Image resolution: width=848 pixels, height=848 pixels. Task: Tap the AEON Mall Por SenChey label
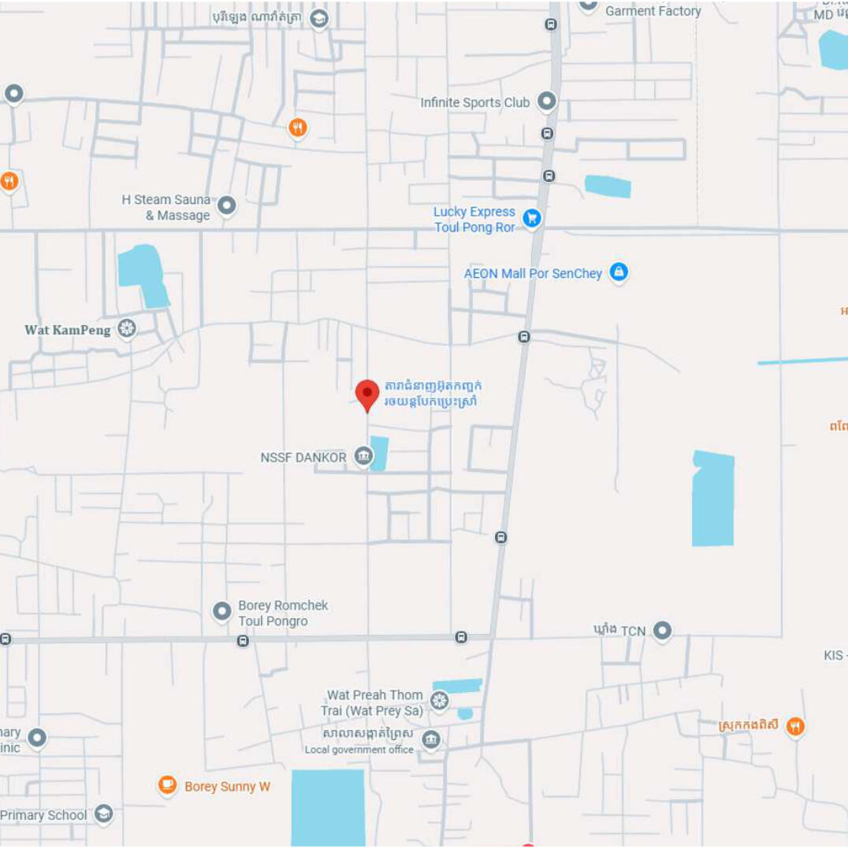[x=533, y=274]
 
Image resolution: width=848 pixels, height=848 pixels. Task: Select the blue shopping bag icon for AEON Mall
[x=619, y=272]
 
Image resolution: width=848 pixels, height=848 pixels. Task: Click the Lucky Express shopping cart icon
[x=532, y=217]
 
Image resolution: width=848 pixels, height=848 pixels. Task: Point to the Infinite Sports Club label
[x=474, y=102]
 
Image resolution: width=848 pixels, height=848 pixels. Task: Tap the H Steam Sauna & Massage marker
[x=227, y=206]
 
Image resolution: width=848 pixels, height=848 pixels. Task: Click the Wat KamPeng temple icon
[x=126, y=328]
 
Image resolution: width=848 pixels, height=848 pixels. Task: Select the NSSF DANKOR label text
[x=303, y=457]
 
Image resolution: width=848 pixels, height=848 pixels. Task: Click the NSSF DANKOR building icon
[x=363, y=456]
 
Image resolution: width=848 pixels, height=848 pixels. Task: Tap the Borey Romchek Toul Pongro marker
[x=222, y=610]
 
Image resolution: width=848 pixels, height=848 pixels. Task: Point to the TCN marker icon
[x=662, y=630]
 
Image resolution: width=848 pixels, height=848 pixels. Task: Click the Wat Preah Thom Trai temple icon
[x=440, y=700]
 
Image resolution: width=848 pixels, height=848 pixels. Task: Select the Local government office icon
[x=430, y=739]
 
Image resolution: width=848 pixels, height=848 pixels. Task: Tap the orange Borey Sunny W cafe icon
[x=167, y=785]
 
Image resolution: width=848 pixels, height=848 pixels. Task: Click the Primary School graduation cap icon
[x=103, y=814]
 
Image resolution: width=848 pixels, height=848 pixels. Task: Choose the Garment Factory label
[x=653, y=11]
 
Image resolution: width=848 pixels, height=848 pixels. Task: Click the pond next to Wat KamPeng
[x=143, y=275]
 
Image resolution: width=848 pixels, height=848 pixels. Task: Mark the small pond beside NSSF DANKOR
[x=380, y=454]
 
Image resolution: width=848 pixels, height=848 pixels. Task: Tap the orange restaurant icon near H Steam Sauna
[x=297, y=128]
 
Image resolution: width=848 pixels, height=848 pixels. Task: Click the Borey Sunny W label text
[x=227, y=787]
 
